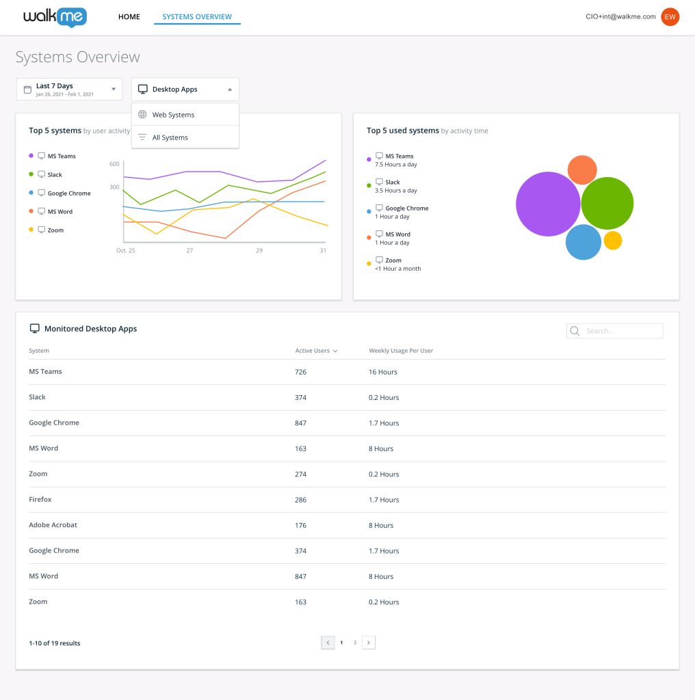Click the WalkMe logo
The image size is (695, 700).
pos(55,17)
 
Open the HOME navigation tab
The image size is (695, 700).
pos(129,17)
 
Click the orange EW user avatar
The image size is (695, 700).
pos(670,17)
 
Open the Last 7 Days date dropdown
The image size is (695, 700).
pos(69,89)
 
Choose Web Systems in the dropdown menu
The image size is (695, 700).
pos(173,115)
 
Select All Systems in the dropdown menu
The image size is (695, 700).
pos(170,137)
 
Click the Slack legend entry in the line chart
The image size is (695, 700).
pos(55,175)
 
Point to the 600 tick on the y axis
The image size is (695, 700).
pos(114,164)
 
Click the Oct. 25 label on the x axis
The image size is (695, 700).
pos(126,251)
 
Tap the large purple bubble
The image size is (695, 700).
pos(547,204)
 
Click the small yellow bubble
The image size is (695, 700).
pos(613,241)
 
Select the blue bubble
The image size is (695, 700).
pos(583,243)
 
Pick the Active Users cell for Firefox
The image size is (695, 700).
pos(301,500)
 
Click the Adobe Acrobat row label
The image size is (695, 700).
pos(53,525)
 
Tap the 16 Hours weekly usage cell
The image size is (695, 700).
pos(383,372)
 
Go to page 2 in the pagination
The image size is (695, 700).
pos(355,643)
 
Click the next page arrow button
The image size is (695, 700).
pos(369,643)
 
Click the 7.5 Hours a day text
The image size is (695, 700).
pos(396,165)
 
